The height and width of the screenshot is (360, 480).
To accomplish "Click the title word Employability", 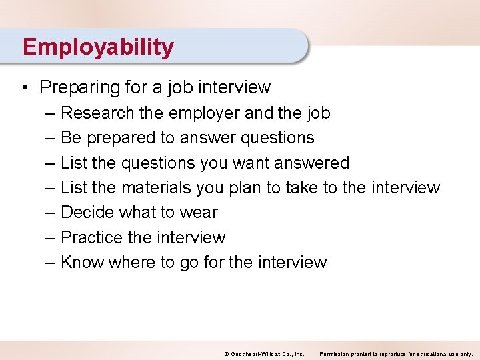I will pyautogui.click(x=98, y=47).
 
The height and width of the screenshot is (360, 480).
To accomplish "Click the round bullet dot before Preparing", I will pyautogui.click(x=23, y=87).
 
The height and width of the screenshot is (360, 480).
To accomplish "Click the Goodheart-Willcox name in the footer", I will pyautogui.click(x=256, y=353).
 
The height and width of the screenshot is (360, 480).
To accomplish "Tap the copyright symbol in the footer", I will pyautogui.click(x=226, y=353).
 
